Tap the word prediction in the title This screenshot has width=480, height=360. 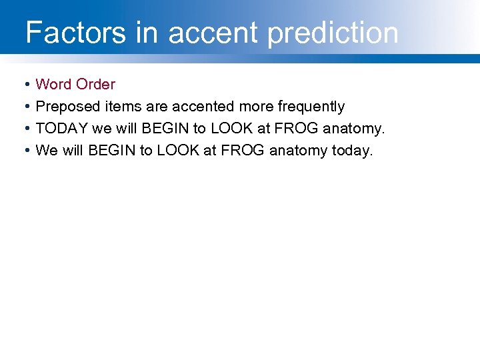coord(333,33)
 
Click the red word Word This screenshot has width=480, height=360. coord(54,85)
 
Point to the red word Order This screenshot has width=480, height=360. coord(96,85)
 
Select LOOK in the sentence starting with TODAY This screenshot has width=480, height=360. coord(232,129)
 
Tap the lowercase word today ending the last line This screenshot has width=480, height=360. coord(353,151)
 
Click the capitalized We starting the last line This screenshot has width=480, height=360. coord(46,151)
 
